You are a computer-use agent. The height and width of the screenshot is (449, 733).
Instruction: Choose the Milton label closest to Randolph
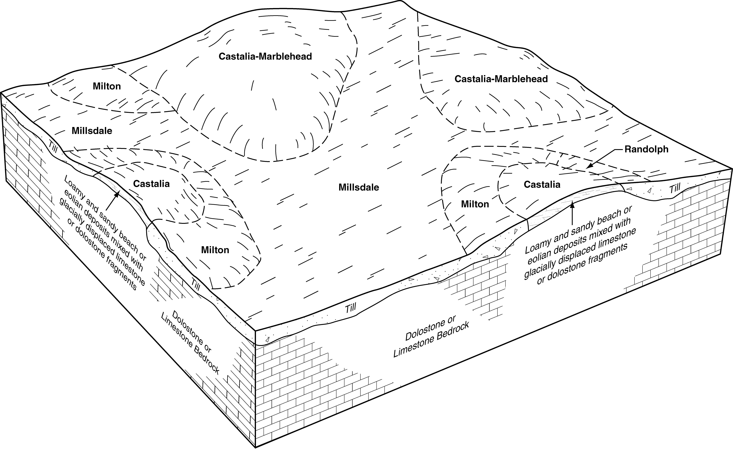pos(475,204)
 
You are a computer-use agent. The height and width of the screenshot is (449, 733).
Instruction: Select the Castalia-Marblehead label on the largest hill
pos(265,56)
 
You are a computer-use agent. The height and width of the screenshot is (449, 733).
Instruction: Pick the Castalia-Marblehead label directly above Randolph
pos(501,79)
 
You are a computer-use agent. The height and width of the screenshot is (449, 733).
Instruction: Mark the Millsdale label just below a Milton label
pos(92,131)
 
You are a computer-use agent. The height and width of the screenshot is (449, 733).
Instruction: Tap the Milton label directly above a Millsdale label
pos(107,86)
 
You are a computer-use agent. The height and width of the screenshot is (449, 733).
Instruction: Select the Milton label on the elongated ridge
pos(215,250)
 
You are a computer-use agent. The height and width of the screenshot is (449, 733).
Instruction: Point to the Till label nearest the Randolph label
pos(675,188)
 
